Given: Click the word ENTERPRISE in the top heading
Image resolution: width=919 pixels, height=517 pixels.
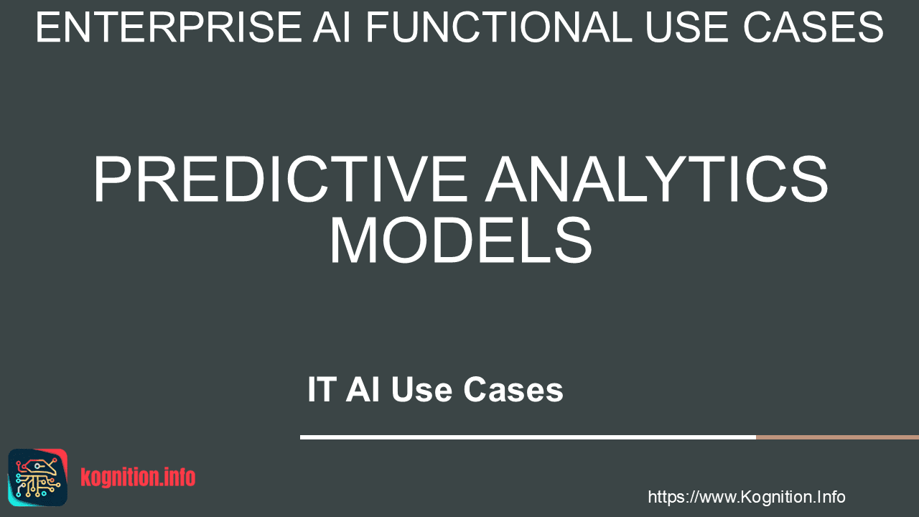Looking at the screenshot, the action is click(169, 27).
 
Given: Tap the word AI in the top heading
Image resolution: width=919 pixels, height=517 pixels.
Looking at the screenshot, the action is click(332, 27).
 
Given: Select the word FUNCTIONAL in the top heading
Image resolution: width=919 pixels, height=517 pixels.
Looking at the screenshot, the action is click(499, 27).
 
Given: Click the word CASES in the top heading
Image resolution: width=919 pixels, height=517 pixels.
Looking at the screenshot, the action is click(813, 27).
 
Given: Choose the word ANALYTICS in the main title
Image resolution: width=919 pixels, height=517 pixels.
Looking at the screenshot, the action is click(656, 180).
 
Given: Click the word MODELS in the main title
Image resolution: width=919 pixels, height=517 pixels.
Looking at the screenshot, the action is click(461, 240).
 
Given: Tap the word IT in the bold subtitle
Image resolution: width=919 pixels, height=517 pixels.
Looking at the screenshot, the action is click(322, 389).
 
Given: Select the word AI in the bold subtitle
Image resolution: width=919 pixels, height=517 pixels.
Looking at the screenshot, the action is click(363, 389).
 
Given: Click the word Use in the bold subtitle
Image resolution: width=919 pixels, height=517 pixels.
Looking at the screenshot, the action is click(421, 389).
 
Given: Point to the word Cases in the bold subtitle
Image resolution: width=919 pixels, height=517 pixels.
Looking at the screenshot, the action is click(513, 389).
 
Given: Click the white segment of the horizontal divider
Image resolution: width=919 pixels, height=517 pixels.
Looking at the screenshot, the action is click(528, 437).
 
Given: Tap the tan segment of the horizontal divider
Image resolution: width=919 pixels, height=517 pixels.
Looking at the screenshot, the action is click(837, 437).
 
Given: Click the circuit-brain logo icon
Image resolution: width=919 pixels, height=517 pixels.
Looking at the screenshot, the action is click(38, 478).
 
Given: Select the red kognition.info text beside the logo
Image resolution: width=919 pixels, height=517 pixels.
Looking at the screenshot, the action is click(138, 478).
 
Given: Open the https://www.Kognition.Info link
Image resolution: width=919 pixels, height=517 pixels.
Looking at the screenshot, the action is click(747, 497).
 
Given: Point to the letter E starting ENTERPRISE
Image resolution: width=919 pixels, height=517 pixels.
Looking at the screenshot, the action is click(48, 27).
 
